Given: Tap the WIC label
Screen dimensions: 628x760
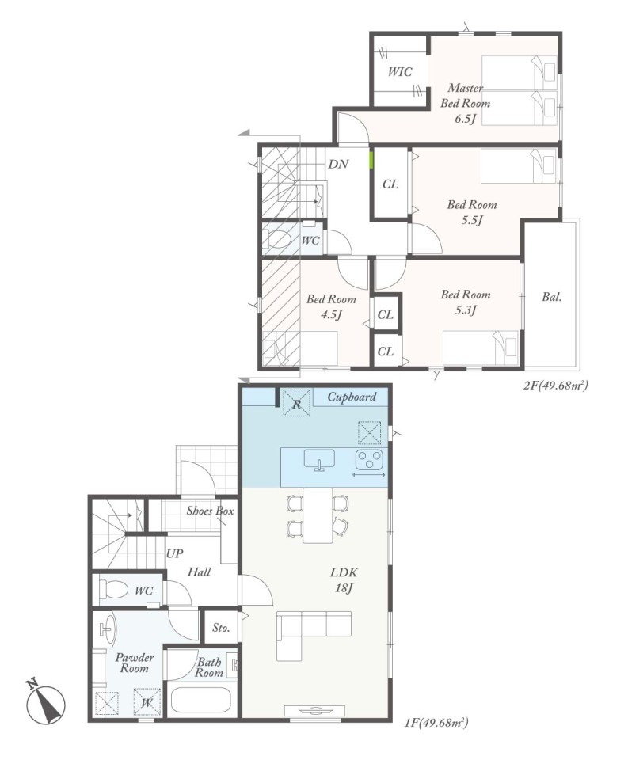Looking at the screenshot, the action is [400, 72].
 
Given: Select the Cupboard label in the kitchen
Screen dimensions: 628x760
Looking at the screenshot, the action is [352, 397].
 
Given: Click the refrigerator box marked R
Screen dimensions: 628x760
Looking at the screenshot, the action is [297, 403].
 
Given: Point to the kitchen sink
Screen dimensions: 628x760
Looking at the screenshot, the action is [320, 459].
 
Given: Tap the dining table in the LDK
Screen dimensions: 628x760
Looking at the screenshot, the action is [318, 515].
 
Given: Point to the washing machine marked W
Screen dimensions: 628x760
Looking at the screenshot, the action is [147, 702].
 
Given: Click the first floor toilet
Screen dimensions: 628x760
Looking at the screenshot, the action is [113, 590].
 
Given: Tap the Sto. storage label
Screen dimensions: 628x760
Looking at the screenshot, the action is [221, 628].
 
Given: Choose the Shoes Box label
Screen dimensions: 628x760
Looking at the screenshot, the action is [210, 511].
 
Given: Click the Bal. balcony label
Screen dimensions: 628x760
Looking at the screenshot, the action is [552, 297].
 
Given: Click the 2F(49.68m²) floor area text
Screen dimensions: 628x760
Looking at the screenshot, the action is [556, 386].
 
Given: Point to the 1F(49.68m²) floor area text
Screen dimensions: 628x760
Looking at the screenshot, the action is [436, 723].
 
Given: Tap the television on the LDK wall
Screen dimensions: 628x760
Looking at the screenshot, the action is [314, 711].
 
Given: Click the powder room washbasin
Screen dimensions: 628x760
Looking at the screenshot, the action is [105, 629].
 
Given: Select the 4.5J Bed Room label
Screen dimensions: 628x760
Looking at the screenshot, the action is [331, 306].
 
